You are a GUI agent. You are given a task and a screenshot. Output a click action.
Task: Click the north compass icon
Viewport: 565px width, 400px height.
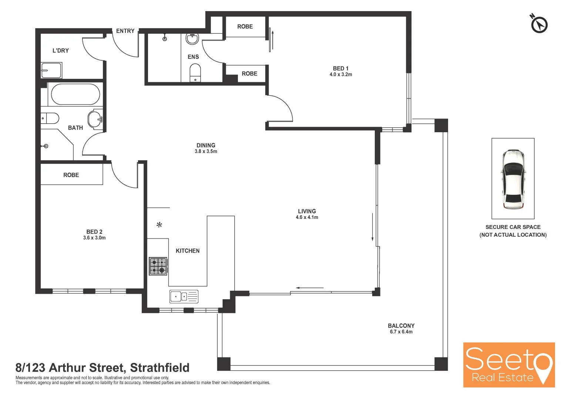point(539,25)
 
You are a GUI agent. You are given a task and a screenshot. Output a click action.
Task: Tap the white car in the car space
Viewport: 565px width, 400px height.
point(513,179)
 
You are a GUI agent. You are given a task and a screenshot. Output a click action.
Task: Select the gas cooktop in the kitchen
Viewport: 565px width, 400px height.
point(158,266)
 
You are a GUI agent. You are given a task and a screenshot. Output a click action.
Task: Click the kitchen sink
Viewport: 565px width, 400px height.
point(184,297)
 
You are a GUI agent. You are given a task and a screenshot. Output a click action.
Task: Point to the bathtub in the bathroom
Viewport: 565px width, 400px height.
point(75,94)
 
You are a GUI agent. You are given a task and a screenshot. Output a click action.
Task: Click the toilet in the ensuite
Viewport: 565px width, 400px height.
point(195,73)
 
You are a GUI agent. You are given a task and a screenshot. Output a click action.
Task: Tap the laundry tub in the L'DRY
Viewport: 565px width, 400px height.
point(51,70)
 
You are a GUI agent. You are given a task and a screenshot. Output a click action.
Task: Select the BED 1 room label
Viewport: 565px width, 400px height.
point(340,69)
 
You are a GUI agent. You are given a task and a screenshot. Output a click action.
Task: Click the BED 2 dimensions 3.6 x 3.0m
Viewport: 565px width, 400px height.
point(94,238)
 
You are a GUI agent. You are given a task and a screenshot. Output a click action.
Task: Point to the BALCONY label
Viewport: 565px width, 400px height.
point(401,326)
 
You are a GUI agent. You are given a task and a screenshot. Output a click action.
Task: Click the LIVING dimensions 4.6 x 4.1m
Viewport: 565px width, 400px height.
point(307,217)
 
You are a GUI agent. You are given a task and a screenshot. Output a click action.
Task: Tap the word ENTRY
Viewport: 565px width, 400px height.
point(125,31)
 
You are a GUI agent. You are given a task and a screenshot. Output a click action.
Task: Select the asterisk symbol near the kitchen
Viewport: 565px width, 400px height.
point(159,225)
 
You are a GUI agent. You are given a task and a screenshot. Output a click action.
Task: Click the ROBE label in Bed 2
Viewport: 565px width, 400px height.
point(71,175)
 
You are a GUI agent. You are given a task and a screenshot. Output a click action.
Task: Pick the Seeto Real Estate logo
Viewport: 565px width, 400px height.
point(509,365)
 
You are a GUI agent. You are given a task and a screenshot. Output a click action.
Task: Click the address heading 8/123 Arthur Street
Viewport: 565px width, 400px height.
point(102,367)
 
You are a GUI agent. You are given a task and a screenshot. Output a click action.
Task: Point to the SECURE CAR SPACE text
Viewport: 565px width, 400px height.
point(513,227)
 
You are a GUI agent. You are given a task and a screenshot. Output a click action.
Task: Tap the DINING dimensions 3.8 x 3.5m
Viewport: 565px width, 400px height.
point(206,151)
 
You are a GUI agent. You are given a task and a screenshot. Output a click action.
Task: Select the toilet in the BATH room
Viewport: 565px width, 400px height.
point(50,119)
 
